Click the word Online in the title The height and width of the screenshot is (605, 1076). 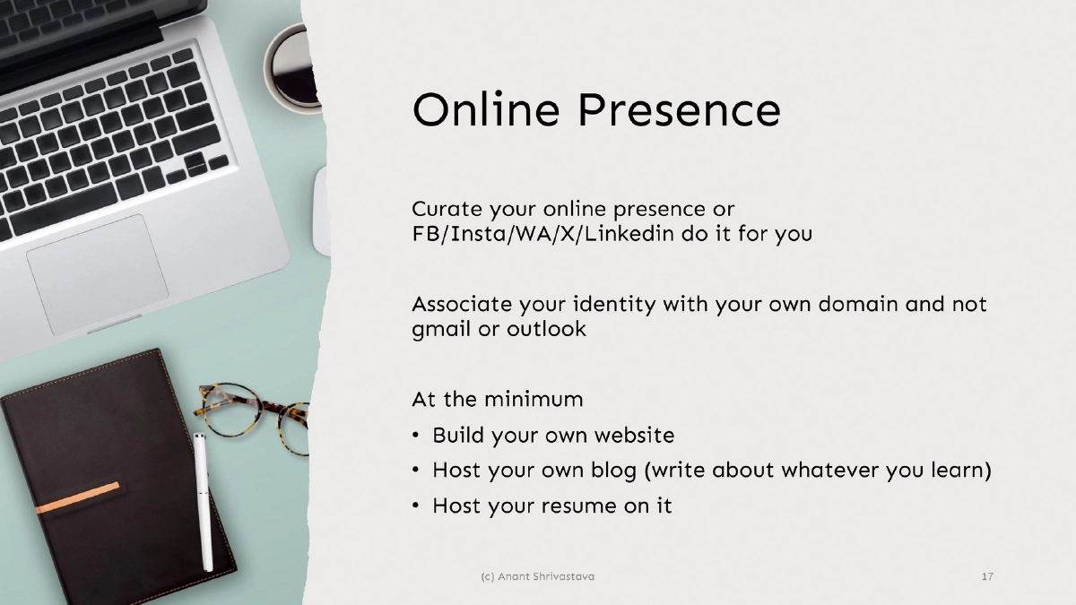point(486,109)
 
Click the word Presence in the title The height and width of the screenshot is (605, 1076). point(680,110)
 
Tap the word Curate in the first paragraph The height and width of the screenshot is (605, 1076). point(447,209)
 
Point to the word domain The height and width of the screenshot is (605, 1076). point(858,304)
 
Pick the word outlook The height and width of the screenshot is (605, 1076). point(547,329)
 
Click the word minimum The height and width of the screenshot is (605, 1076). point(534,400)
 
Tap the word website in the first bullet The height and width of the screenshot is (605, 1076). point(634,435)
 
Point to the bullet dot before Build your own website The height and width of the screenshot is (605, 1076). point(415,436)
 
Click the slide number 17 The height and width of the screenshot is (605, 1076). point(987,576)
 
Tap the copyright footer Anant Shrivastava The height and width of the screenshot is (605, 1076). point(537,576)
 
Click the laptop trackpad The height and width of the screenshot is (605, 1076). point(98,274)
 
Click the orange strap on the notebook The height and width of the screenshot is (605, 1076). point(78,497)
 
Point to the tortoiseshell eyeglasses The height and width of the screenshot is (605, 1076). point(252,417)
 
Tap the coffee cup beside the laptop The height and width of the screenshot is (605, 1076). point(292,67)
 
